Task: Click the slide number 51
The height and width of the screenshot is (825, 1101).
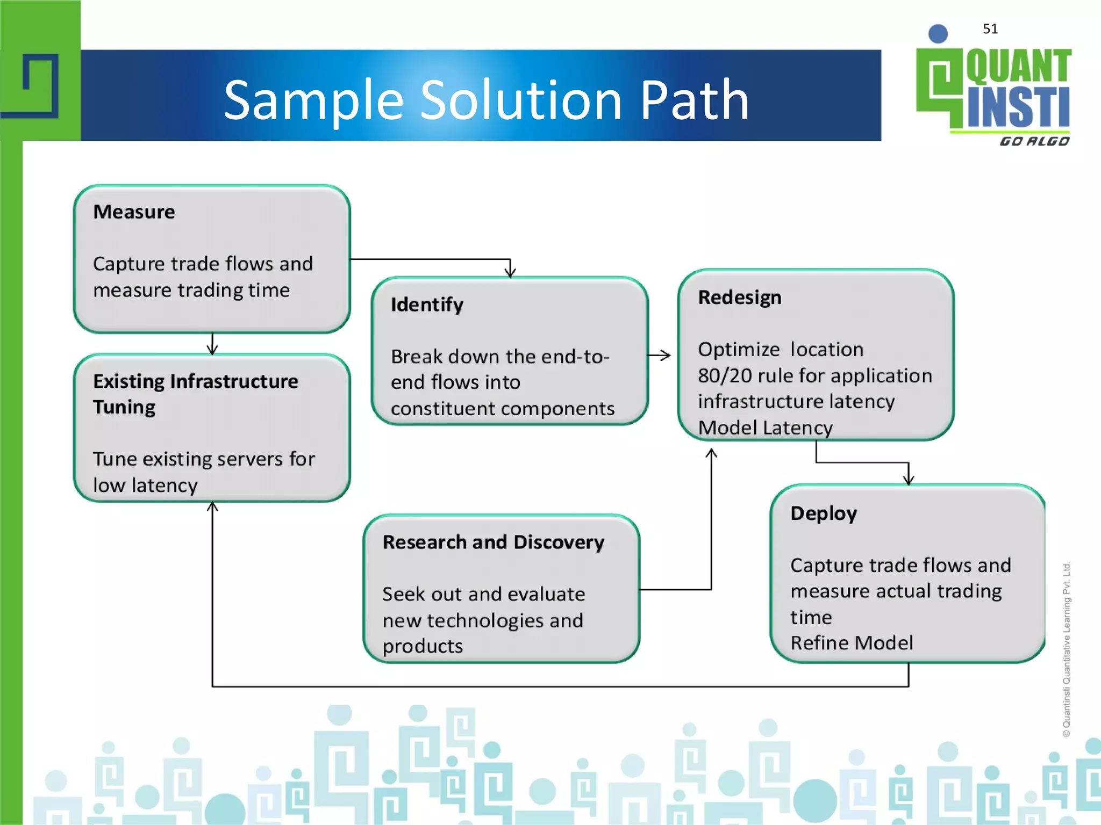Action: (990, 29)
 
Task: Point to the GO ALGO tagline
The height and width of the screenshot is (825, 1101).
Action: (1034, 141)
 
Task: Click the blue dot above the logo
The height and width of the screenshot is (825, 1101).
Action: (938, 34)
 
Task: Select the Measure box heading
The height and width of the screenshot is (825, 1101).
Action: (134, 212)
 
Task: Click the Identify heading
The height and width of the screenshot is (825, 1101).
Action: (427, 305)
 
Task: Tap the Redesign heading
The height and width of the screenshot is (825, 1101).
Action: (740, 298)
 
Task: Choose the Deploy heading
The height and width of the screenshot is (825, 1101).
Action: (824, 513)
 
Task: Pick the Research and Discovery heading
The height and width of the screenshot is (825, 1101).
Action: (493, 542)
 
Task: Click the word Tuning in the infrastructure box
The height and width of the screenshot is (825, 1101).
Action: (124, 407)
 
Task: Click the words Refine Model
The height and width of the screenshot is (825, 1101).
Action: (852, 643)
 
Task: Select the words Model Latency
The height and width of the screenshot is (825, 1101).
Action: (765, 428)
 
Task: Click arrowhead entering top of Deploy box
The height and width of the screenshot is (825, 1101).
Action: (909, 480)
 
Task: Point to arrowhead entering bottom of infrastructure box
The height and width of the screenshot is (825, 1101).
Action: (212, 507)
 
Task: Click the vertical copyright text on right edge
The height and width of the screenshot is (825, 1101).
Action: (1067, 649)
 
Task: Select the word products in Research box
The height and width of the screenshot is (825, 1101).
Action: (423, 646)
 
